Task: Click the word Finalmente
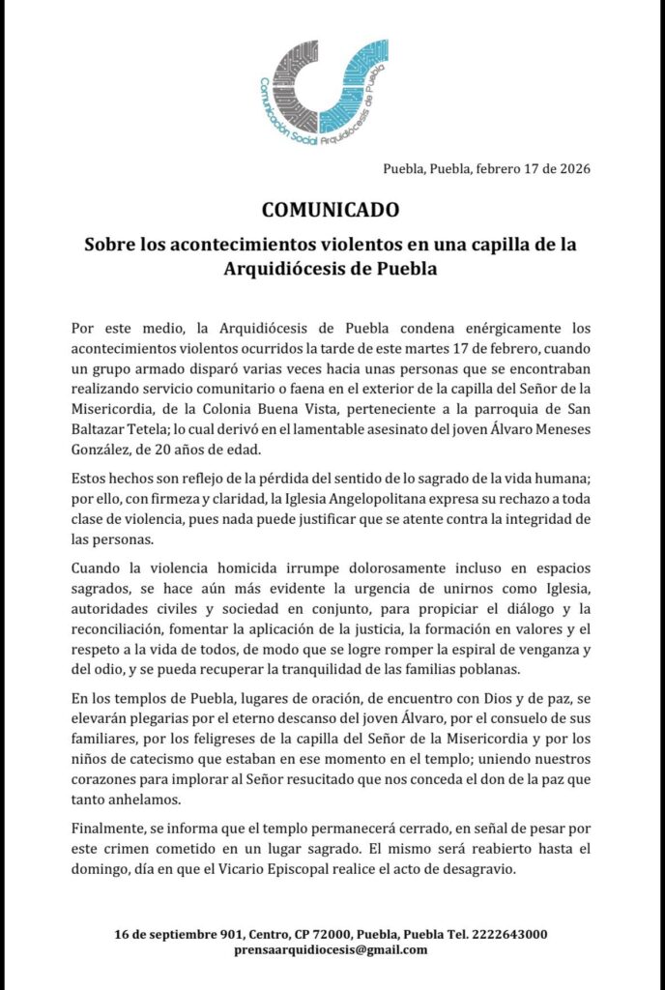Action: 113,829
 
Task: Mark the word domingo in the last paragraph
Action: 103,869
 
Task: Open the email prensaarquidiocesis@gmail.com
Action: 332,949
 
